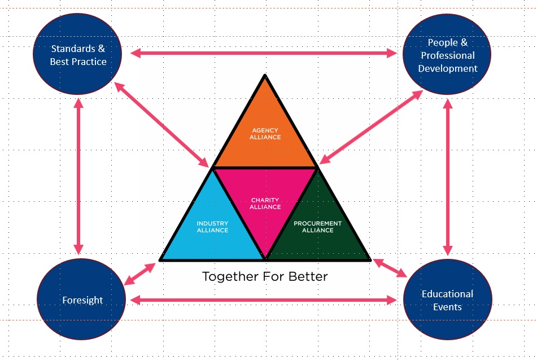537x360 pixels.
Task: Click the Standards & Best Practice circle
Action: [x=78, y=55]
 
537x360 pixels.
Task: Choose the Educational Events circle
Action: [x=447, y=300]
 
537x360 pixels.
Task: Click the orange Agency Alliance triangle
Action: [x=265, y=133]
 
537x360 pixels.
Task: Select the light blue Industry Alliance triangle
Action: [x=212, y=226]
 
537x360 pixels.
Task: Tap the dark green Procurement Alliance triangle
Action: [x=317, y=226]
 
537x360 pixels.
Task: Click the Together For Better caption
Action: [x=264, y=277]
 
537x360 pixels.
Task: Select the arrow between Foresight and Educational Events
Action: [x=264, y=300]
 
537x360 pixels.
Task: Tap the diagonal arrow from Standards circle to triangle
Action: [x=161, y=124]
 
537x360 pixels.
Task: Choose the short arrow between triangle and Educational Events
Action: [x=390, y=268]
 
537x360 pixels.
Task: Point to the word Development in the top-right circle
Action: [x=448, y=68]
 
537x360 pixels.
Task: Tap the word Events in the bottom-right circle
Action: [x=448, y=307]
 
